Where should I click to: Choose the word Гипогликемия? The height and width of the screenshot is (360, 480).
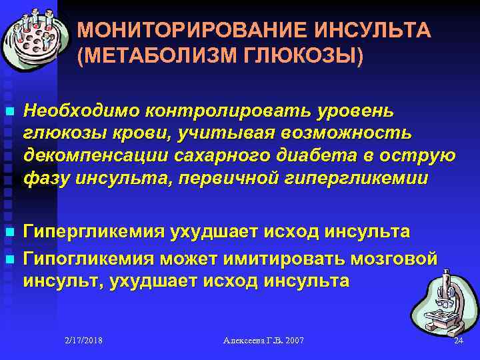84,258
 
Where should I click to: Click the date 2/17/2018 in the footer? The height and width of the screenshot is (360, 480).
84,341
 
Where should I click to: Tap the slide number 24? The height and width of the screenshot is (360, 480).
457,341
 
